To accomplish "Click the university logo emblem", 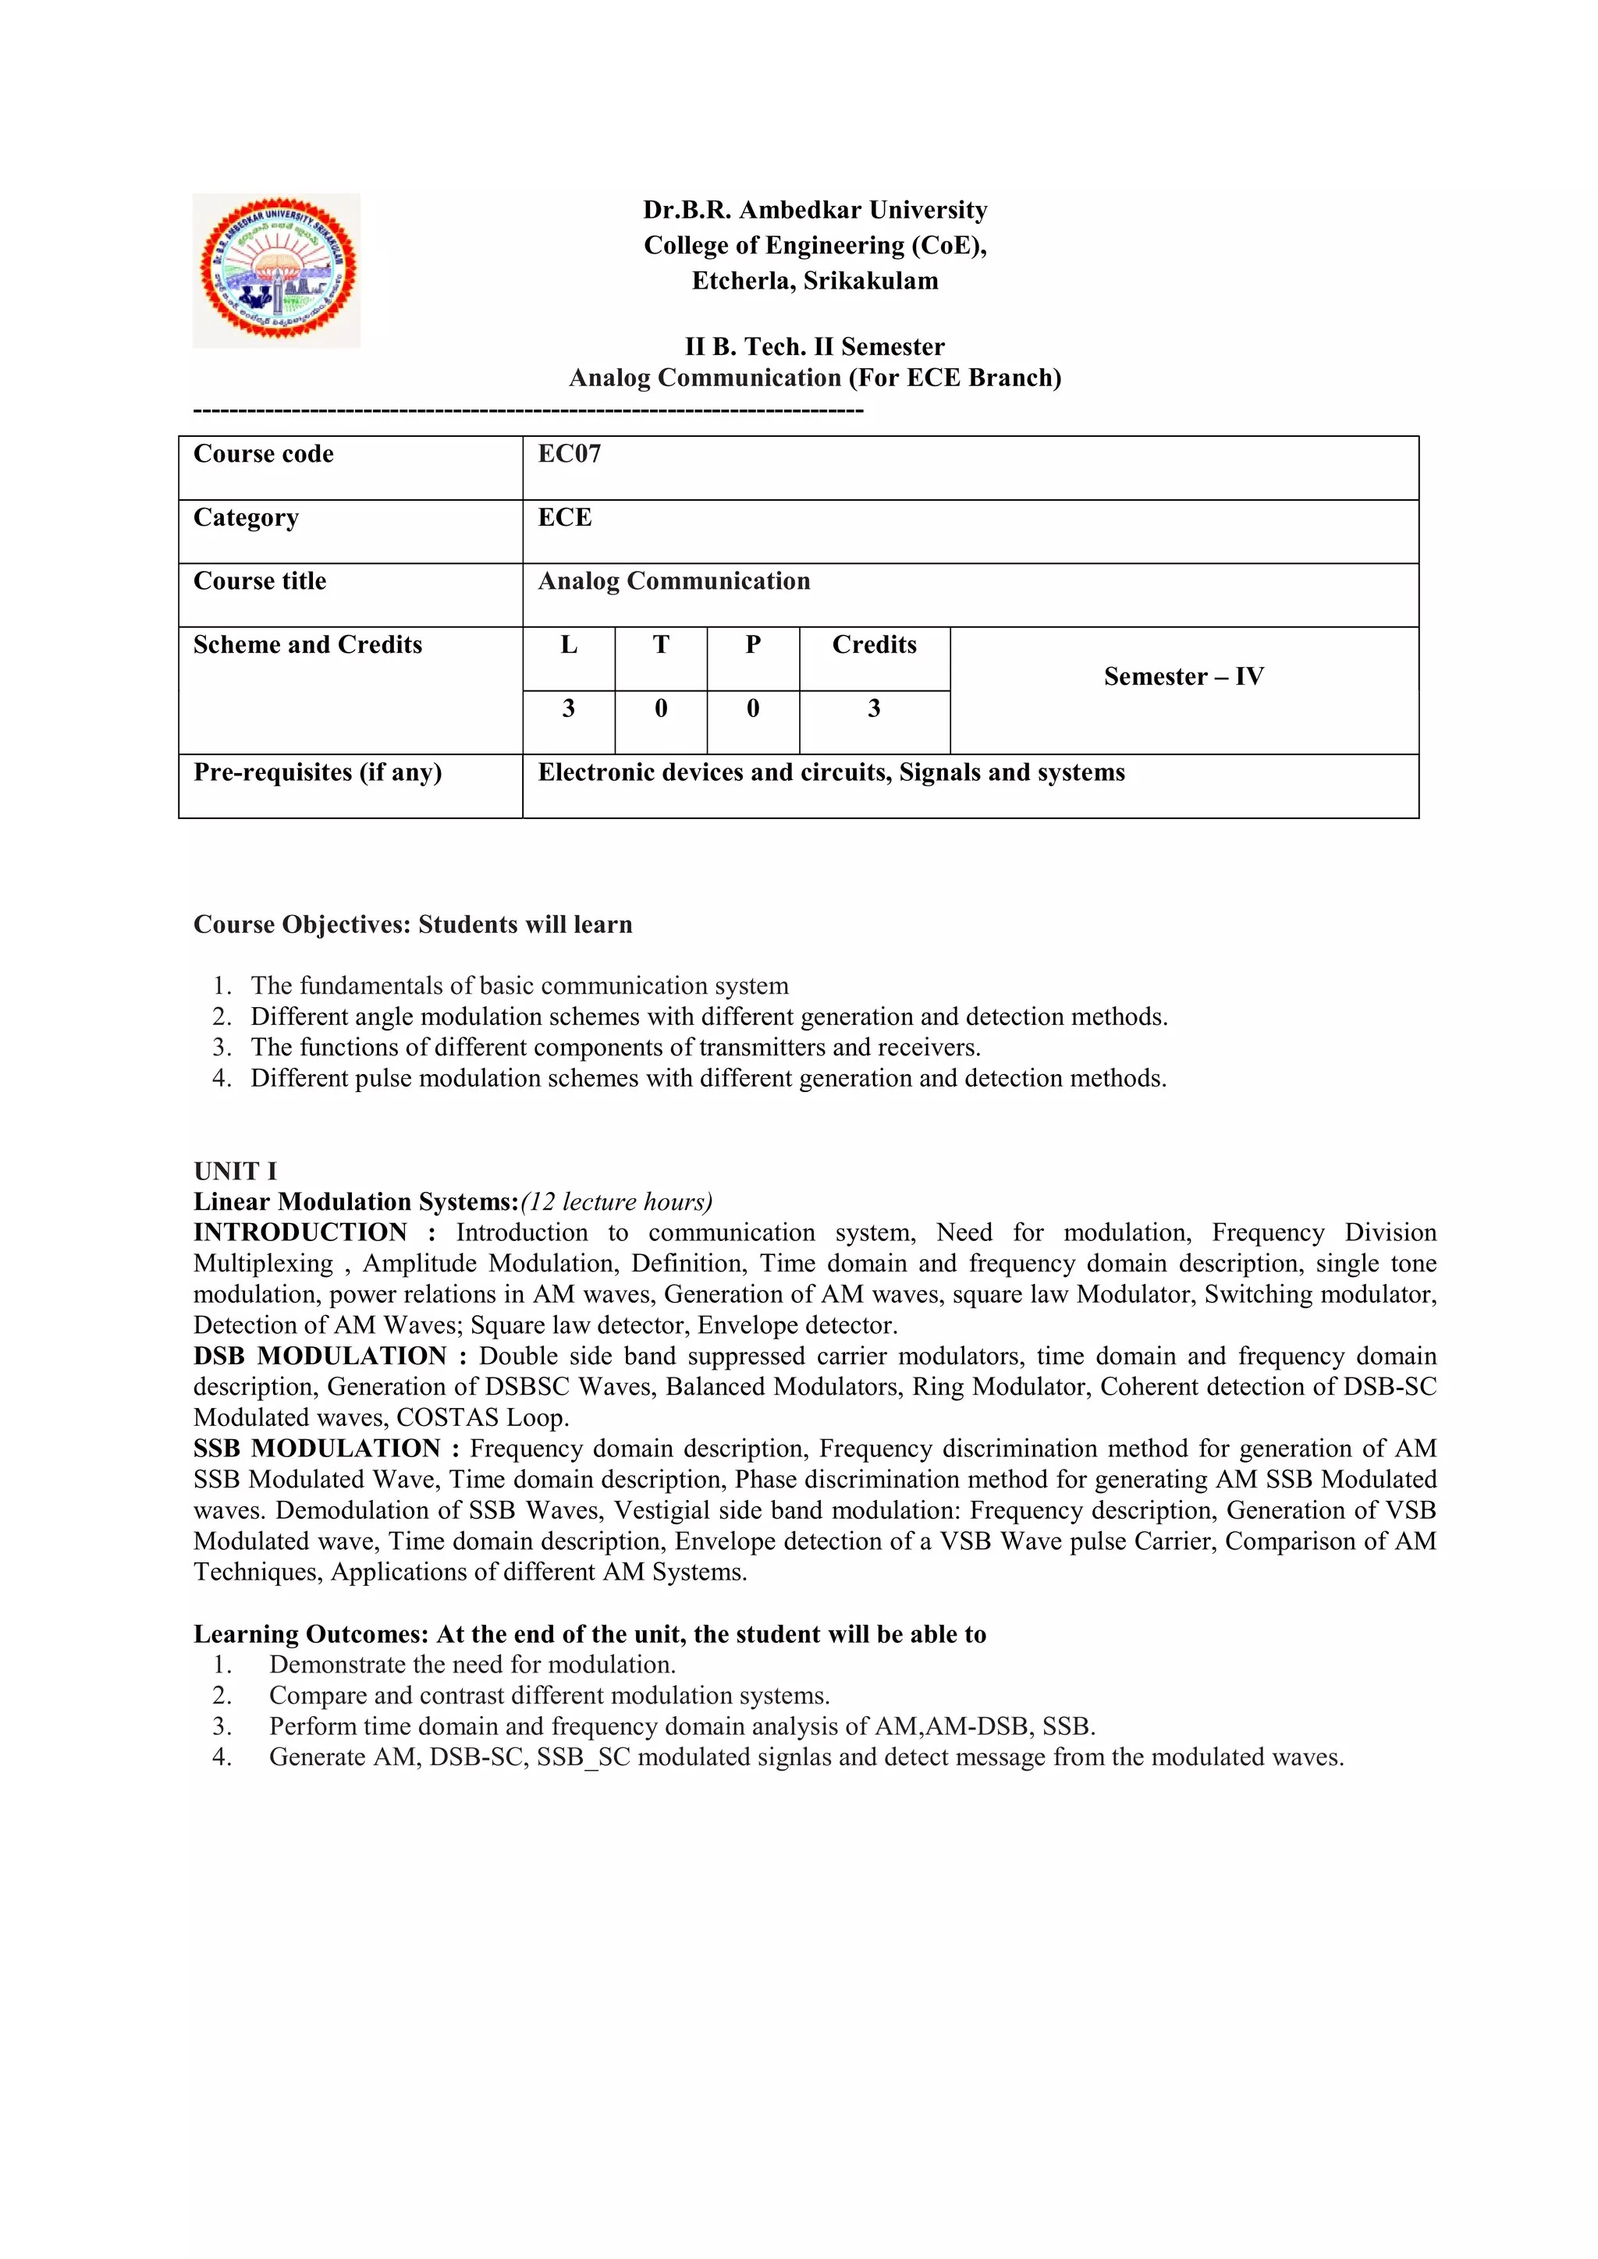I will point(276,270).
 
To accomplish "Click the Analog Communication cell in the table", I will point(674,581).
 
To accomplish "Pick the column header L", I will point(569,645).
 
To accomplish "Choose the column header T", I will point(660,645).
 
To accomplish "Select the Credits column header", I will point(874,645).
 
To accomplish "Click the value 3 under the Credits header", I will point(874,708).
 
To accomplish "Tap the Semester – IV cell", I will point(1184,677).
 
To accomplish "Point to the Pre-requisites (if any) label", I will point(317,772).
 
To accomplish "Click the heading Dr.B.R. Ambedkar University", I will point(815,210).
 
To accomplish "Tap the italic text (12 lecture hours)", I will point(617,1201).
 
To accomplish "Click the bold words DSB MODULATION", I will point(320,1356).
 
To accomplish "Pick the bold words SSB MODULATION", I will point(317,1449).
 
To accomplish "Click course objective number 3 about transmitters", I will point(615,1047).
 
